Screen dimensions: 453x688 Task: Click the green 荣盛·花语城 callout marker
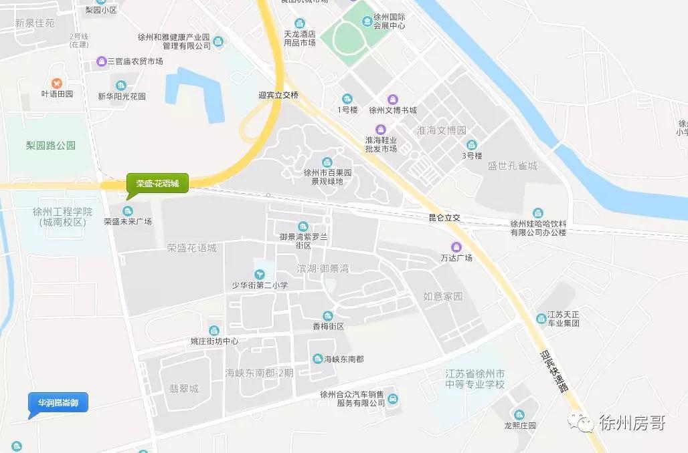point(157,183)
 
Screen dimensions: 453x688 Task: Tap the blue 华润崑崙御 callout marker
point(58,403)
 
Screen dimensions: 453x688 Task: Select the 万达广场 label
point(456,257)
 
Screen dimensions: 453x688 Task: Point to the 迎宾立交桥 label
point(278,96)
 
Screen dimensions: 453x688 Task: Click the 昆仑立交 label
point(445,218)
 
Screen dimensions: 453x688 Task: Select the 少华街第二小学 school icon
point(259,274)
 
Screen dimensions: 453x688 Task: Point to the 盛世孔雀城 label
point(512,166)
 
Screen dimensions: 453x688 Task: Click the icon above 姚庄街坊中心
point(213,330)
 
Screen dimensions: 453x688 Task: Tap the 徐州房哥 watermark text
point(632,423)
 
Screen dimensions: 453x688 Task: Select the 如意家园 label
point(443,296)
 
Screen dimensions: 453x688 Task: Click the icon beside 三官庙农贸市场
point(101,61)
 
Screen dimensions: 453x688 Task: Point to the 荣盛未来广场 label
point(128,222)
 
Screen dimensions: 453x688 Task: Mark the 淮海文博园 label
point(440,130)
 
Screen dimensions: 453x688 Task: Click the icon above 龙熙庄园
point(518,414)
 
